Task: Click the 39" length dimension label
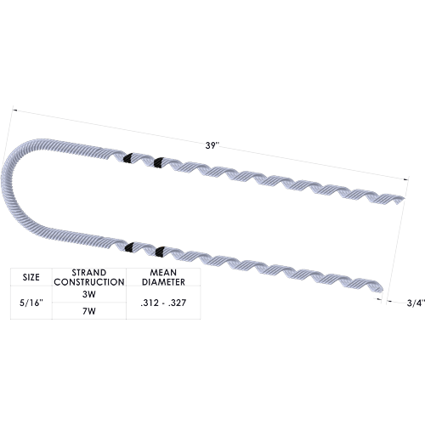(x=212, y=145)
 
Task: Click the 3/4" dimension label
(x=416, y=303)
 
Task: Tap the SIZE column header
(x=31, y=277)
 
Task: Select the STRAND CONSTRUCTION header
(x=89, y=277)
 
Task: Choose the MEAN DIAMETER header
(x=163, y=277)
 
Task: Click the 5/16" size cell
(x=31, y=303)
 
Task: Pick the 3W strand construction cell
(x=89, y=294)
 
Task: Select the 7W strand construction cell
(x=89, y=311)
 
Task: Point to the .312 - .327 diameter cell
(x=163, y=303)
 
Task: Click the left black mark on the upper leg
(x=128, y=158)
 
